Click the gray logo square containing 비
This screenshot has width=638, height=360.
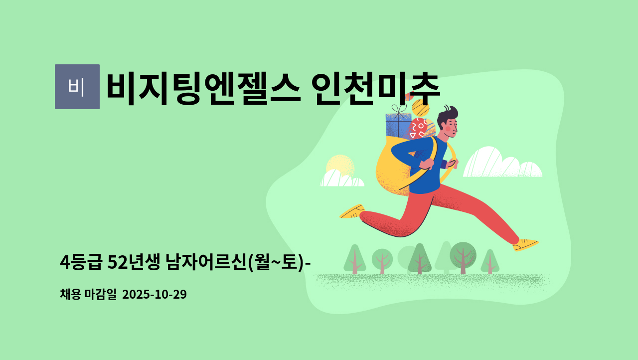click(77, 87)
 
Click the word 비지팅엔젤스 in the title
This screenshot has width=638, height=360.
click(203, 89)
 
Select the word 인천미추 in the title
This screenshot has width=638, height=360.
click(376, 89)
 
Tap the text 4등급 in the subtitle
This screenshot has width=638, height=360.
click(81, 262)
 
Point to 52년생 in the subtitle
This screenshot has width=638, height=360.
click(134, 262)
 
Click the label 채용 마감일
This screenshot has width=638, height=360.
click(88, 294)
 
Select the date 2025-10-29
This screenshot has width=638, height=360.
click(155, 294)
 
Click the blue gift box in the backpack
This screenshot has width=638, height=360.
click(398, 125)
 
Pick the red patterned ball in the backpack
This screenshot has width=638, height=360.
click(418, 129)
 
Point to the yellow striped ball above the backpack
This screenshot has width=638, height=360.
click(420, 108)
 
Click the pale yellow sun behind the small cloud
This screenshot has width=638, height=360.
click(340, 165)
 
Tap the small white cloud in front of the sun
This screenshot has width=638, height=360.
click(342, 179)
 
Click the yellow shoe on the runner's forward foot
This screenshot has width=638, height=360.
click(525, 245)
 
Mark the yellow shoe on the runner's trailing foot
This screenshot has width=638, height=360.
click(352, 211)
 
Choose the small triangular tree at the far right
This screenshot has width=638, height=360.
click(490, 261)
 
